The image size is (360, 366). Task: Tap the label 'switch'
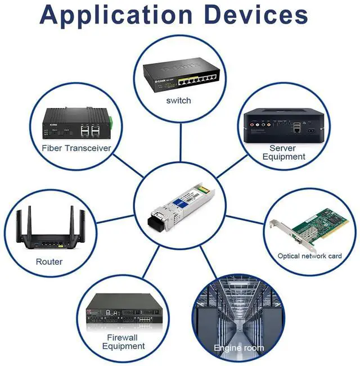tap(178, 101)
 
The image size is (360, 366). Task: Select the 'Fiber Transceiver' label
tap(76, 148)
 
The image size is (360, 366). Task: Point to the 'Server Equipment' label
tap(283, 152)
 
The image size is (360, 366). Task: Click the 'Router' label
tap(49, 261)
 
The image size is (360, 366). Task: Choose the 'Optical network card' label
tap(309, 256)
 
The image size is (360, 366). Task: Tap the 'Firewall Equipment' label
tap(123, 342)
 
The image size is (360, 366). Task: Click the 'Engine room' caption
tap(238, 348)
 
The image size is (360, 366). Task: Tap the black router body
tap(49, 239)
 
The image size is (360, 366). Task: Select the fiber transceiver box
tap(78, 124)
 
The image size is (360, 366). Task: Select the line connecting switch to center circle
tap(179, 141)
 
